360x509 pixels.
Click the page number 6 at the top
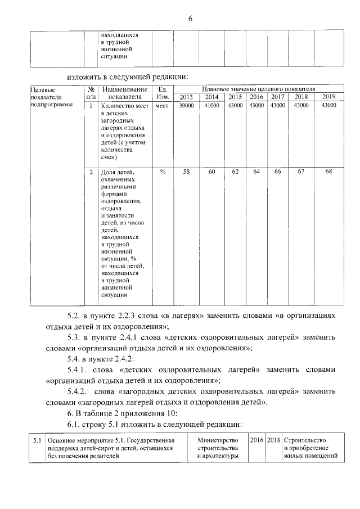(x=190, y=19)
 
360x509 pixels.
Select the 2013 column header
(x=186, y=97)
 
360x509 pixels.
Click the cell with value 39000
(x=186, y=105)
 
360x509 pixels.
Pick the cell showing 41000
(x=211, y=105)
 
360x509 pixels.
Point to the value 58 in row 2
(x=186, y=172)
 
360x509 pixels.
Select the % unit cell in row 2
(x=163, y=172)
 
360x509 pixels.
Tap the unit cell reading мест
(x=162, y=105)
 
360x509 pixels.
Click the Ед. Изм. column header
(x=163, y=93)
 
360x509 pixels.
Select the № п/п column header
(x=90, y=93)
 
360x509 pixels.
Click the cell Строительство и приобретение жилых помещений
(x=312, y=448)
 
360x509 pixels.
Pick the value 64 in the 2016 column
(x=256, y=172)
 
